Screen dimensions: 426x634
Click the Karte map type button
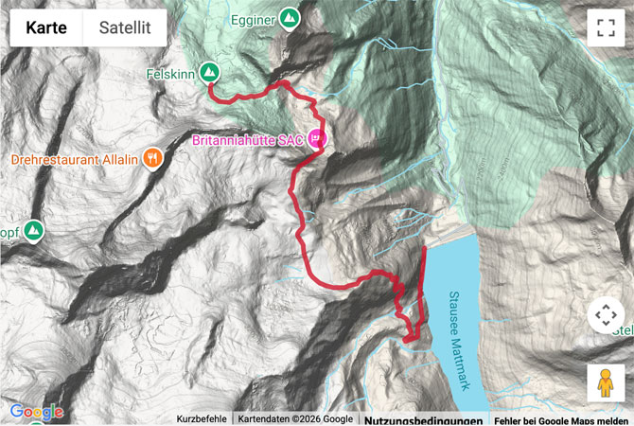click(x=46, y=27)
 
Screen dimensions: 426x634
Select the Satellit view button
click(x=125, y=27)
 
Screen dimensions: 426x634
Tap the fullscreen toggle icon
click(x=605, y=27)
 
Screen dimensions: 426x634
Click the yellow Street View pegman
click(x=605, y=382)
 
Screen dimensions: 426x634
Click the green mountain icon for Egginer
click(x=290, y=18)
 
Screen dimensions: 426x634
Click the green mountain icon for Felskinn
click(x=209, y=72)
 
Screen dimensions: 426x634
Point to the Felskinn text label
click(x=170, y=72)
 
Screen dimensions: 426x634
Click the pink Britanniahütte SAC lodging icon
click(x=316, y=140)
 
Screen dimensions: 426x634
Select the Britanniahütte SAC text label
click(x=247, y=140)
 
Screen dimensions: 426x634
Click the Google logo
click(x=36, y=412)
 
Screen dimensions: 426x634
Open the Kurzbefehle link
click(x=201, y=419)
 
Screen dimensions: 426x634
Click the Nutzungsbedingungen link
click(x=424, y=419)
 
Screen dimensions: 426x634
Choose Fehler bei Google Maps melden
click(x=561, y=419)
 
